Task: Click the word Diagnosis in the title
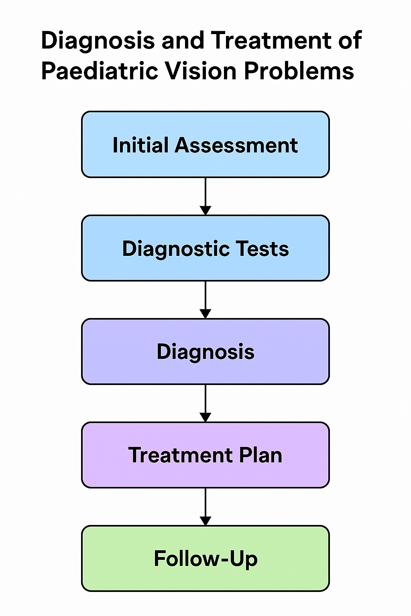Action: [98, 41]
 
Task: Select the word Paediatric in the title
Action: [99, 71]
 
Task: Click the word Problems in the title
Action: [299, 71]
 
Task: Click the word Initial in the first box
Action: [140, 145]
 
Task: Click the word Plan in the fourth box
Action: [260, 455]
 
